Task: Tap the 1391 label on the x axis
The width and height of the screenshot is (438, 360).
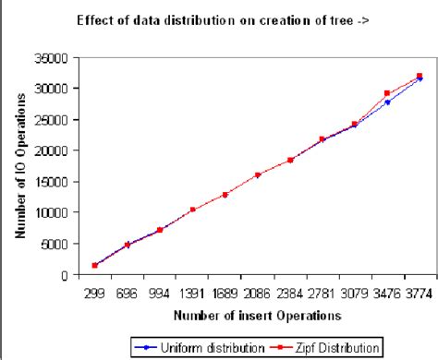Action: pos(192,292)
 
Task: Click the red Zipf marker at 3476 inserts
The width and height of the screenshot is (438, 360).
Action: pos(387,94)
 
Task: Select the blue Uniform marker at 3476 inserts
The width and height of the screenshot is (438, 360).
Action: pos(387,102)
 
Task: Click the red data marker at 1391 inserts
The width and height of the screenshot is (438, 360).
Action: pos(192,210)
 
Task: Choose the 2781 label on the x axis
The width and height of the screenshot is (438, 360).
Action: pos(322,292)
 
